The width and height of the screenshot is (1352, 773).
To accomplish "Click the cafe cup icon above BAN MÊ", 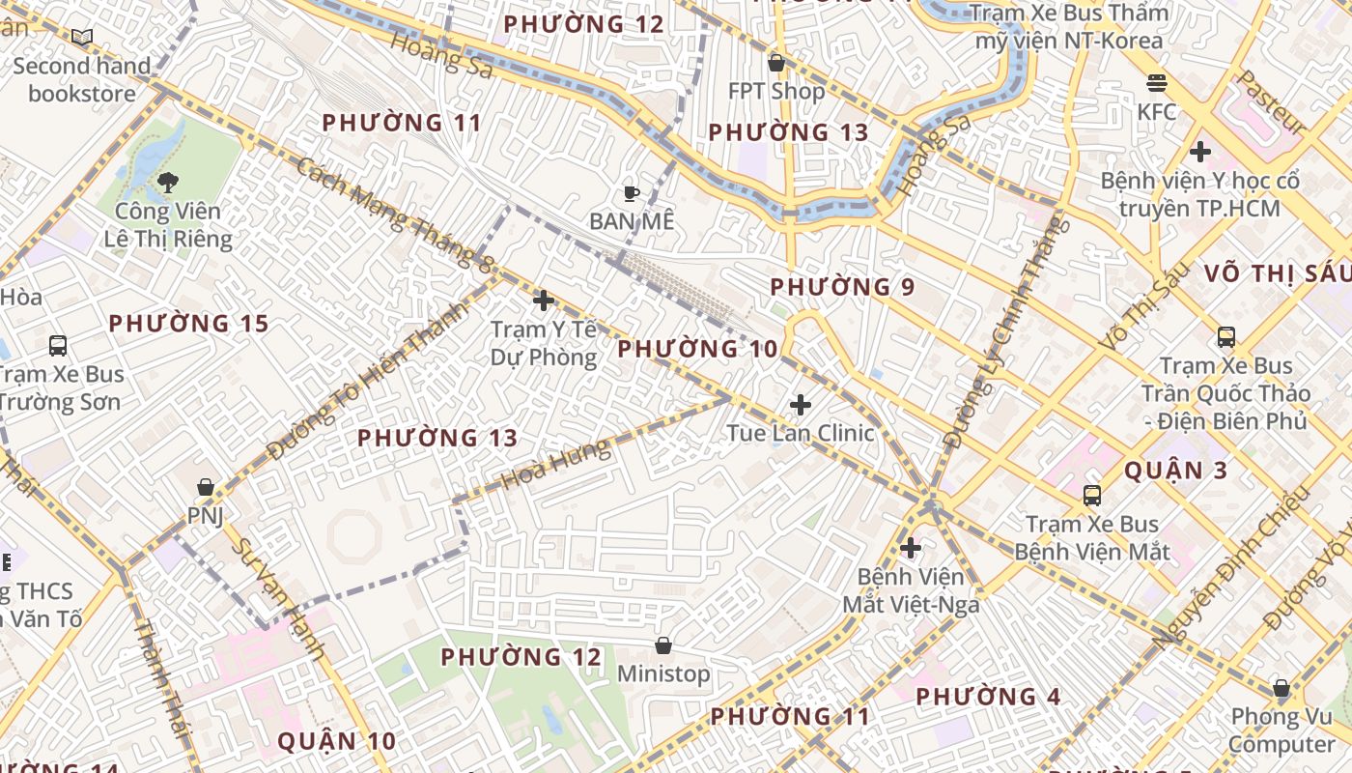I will (632, 193).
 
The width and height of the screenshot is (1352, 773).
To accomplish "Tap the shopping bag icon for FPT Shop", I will (775, 64).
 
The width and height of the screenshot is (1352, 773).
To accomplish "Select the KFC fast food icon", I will (1156, 83).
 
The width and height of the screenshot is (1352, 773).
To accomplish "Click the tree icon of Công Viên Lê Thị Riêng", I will (168, 182).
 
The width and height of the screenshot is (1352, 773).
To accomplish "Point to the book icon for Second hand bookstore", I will (82, 38).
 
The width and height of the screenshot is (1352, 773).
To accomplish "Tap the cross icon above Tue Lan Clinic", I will (801, 405).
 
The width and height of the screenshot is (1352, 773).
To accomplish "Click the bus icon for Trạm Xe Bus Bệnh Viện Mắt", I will (1092, 496).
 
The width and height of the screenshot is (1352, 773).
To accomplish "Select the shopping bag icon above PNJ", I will (205, 487).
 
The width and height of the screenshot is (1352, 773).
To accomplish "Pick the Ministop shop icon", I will (663, 645).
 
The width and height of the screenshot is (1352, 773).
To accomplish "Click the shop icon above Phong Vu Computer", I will (1282, 689).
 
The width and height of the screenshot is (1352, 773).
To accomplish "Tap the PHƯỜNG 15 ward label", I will (188, 324).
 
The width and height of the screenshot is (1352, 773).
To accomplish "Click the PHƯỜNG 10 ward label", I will (697, 349).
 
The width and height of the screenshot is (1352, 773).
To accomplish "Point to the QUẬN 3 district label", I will (1176, 472).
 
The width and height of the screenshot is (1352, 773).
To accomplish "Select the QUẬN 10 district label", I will (336, 741).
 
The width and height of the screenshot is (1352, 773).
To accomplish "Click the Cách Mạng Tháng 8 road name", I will (395, 215).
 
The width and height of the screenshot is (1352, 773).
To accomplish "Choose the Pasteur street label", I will (1272, 101).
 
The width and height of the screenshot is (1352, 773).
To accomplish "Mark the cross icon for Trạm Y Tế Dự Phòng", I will (544, 301).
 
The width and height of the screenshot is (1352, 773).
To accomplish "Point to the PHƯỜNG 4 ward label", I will (988, 697).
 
